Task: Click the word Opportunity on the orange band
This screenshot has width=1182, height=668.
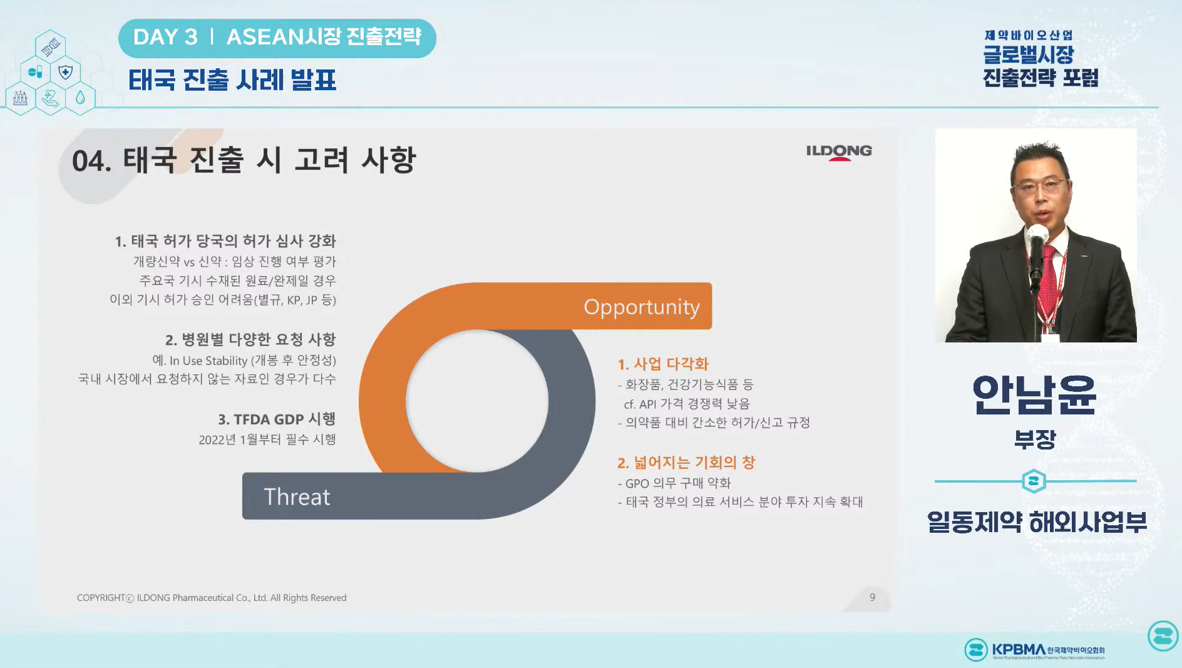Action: coord(641,307)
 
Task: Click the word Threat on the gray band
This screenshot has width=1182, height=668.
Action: coord(297,496)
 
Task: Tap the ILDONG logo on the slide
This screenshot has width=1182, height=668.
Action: coord(838,151)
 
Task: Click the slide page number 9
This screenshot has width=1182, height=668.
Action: coord(872,597)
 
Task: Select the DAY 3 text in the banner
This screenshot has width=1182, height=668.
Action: coord(165,38)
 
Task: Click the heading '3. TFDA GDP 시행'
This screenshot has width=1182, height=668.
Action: coord(276,419)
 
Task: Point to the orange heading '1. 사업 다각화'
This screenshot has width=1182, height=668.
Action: coord(662,364)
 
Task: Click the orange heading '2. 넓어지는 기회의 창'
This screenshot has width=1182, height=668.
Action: coord(686,462)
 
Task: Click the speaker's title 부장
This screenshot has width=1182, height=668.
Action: coord(1034,439)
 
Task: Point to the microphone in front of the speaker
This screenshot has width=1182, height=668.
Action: coord(1037,240)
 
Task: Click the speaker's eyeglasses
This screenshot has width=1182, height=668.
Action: coord(1040,186)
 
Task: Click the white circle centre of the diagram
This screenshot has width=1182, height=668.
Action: coord(477,401)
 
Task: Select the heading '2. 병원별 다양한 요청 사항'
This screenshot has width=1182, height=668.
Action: coord(250,339)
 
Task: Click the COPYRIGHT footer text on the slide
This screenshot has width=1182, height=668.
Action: coord(212,598)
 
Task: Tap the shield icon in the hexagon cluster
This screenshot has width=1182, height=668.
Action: coord(66,72)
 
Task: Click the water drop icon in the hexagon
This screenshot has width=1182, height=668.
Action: coord(80,98)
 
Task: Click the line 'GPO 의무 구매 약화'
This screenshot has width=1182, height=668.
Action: coord(677,483)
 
